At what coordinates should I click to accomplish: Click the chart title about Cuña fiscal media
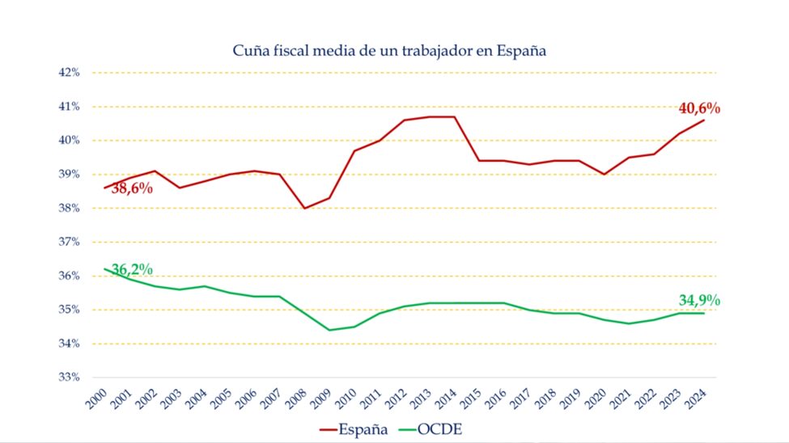click(389, 51)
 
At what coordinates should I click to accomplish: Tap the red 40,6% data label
click(699, 108)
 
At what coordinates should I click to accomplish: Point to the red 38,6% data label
click(132, 189)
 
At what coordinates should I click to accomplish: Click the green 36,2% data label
click(133, 269)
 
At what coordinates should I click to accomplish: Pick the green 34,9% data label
click(699, 301)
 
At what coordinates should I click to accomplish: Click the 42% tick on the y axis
click(69, 72)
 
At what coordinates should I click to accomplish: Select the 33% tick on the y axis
click(69, 378)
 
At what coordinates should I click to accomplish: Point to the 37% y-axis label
click(69, 242)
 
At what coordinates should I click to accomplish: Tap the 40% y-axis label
click(69, 140)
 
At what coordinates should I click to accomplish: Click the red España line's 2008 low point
click(303, 208)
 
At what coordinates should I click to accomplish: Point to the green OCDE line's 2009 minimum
click(329, 330)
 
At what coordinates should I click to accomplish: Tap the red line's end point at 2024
click(704, 120)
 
